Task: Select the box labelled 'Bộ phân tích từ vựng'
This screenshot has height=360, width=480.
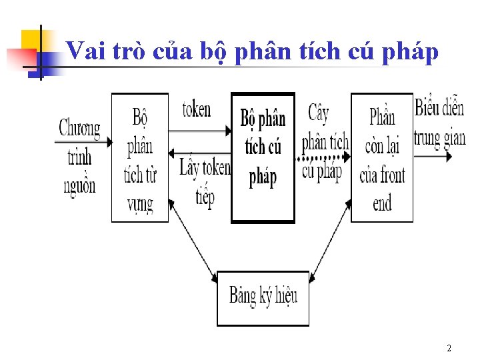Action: pyautogui.click(x=139, y=159)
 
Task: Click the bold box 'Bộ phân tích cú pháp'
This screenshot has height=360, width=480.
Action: pyautogui.click(x=263, y=157)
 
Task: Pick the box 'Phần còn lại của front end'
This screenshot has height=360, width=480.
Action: pyautogui.click(x=382, y=159)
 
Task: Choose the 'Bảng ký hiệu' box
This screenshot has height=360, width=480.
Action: pyautogui.click(x=263, y=297)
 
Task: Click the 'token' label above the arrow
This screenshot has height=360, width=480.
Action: pyautogui.click(x=197, y=109)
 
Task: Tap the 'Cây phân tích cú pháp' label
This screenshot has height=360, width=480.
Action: pyautogui.click(x=323, y=141)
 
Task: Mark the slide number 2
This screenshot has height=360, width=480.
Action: pyautogui.click(x=449, y=349)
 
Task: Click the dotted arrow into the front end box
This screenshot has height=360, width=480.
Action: pyautogui.click(x=323, y=158)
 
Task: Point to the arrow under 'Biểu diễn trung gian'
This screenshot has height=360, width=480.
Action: pyautogui.click(x=433, y=157)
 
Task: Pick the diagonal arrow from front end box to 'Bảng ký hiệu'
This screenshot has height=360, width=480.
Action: pyautogui.click(x=331, y=240)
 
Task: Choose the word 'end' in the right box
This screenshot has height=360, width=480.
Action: pyautogui.click(x=382, y=203)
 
